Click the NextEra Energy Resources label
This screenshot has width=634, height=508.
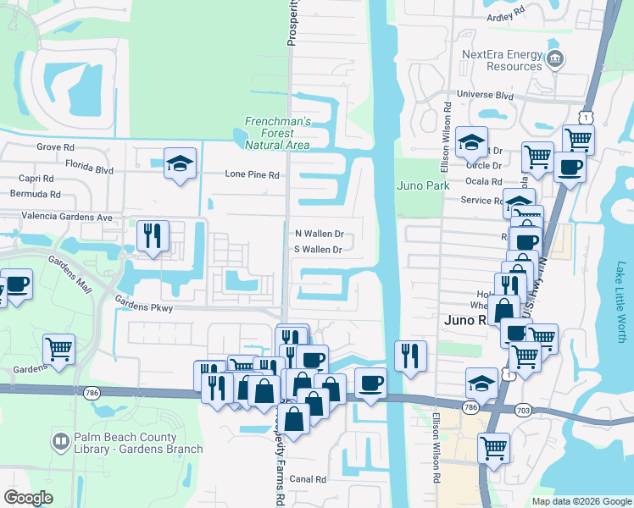click(x=501, y=60)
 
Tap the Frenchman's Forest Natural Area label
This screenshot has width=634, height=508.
click(x=269, y=133)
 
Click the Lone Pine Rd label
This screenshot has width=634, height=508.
click(x=252, y=174)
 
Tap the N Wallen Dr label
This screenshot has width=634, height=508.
click(x=319, y=234)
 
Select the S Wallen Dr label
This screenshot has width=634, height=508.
click(x=318, y=250)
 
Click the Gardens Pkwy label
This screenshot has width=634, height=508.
click(x=144, y=308)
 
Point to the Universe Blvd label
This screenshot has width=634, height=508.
click(x=486, y=96)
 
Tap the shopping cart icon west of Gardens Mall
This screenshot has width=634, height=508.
click(x=58, y=347)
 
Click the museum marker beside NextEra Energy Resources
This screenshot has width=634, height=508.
click(x=555, y=58)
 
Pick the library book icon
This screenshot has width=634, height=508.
click(x=60, y=442)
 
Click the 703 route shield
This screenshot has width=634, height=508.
click(x=522, y=408)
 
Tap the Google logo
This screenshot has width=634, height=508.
click(x=30, y=498)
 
